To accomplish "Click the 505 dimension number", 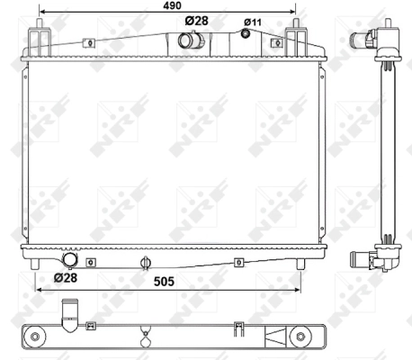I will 163,280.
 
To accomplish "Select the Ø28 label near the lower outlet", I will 65,278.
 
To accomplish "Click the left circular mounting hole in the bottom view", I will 35,337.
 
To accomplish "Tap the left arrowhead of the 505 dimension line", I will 38,291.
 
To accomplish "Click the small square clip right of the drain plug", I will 238,262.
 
